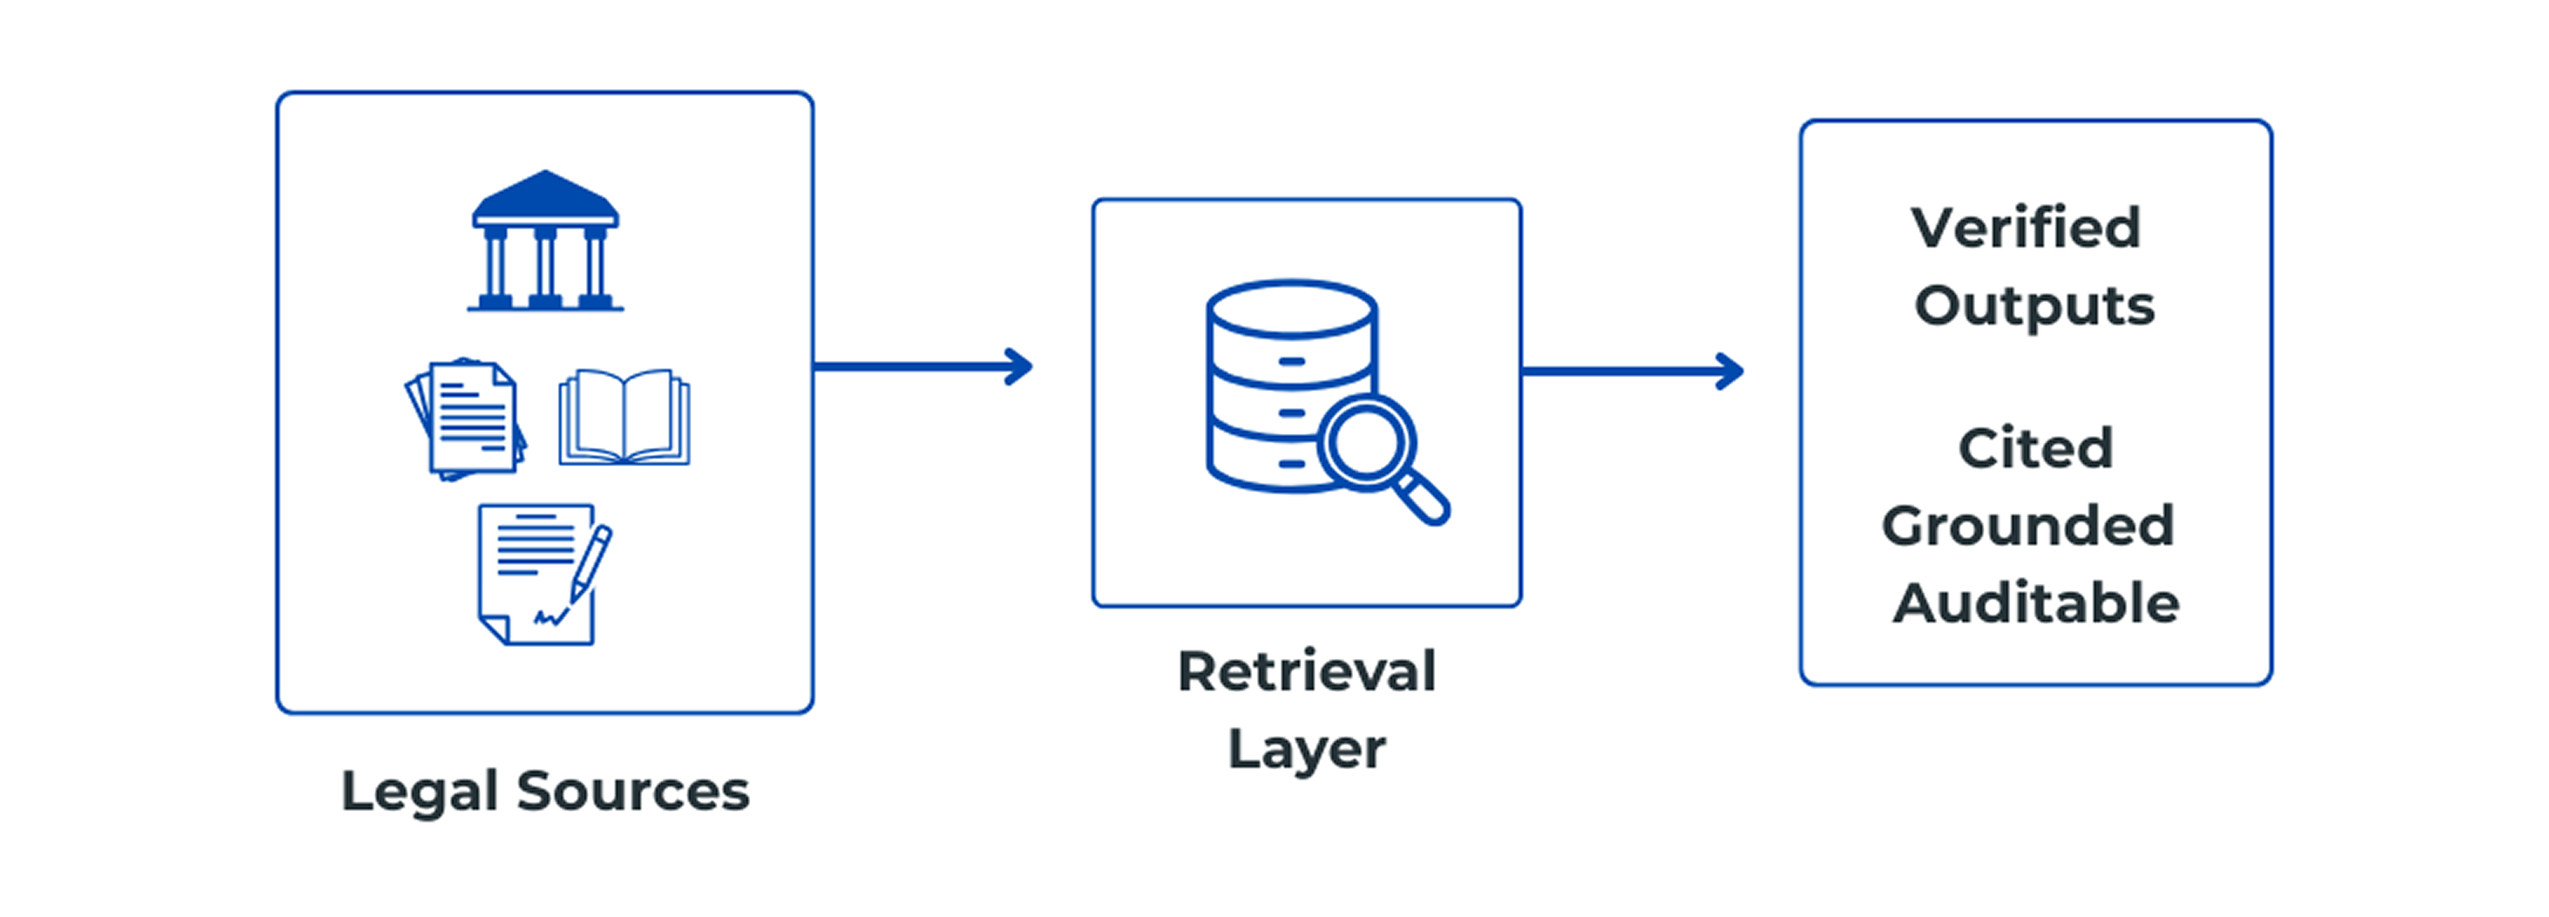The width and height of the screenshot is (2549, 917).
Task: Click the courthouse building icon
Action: pos(545,242)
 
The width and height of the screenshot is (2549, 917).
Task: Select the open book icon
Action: pos(624,417)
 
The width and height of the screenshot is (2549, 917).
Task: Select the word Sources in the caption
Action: pos(634,791)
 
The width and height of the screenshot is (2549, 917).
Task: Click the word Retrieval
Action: pos(1306,672)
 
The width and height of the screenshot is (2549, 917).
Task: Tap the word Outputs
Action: pos(2034,306)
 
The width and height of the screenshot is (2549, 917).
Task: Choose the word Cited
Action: pos(2036,448)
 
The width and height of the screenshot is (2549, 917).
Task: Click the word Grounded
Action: pos(2028,525)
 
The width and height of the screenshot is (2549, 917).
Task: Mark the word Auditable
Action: pos(2036,603)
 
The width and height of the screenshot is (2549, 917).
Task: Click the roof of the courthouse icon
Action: pos(545,196)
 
